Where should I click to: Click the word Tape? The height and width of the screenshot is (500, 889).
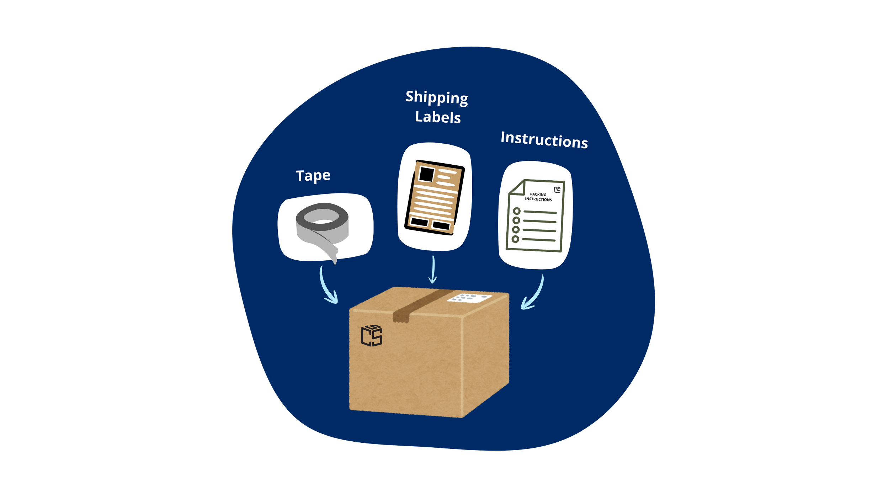(313, 176)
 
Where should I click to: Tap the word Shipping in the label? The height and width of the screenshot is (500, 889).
(437, 97)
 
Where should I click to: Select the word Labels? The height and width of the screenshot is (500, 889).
(438, 117)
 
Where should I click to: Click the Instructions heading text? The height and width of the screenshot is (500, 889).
(544, 140)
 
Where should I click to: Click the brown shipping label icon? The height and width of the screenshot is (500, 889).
(435, 198)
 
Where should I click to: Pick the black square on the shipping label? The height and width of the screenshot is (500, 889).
(426, 174)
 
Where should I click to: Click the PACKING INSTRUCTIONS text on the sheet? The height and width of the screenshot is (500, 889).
(538, 197)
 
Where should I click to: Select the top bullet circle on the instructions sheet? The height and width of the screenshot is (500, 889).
(517, 211)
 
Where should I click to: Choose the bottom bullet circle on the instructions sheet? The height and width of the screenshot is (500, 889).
(515, 239)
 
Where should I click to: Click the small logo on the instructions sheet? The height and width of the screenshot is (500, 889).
(557, 190)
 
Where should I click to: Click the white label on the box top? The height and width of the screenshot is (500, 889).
(469, 298)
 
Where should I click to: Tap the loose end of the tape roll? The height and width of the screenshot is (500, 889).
(332, 254)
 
